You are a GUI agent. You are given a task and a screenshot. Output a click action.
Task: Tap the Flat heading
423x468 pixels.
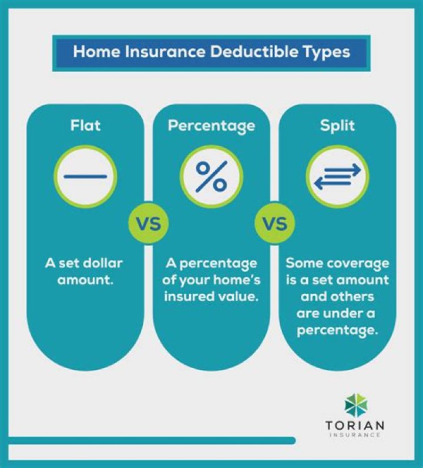(x=85, y=125)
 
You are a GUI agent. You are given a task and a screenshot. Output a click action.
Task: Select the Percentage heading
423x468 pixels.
(x=211, y=125)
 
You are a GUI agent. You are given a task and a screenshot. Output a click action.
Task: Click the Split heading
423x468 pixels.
(x=338, y=125)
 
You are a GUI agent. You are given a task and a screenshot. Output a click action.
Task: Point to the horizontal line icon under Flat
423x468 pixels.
(x=85, y=176)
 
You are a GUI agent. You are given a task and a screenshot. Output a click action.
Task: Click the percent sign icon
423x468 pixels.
(x=211, y=176)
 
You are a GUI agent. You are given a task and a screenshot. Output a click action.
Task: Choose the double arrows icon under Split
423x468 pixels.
(x=338, y=176)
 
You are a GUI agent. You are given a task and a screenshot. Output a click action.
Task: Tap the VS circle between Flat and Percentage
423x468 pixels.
(x=148, y=223)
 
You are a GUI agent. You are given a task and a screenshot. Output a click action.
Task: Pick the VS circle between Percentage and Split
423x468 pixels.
(x=274, y=223)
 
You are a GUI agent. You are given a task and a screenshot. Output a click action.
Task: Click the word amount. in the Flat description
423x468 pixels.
(x=85, y=280)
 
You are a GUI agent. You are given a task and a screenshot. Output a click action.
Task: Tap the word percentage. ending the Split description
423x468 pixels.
(x=337, y=329)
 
